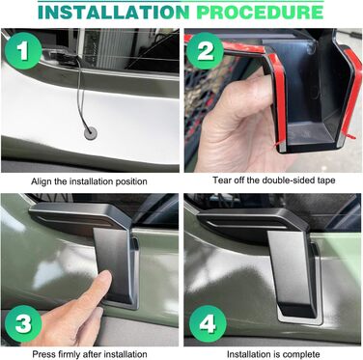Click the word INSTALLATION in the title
pos(114,12)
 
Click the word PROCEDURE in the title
pos(260,12)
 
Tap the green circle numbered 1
pos(23,51)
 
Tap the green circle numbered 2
pos(205,50)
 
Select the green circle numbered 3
pos(23,323)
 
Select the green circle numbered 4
pos(208,323)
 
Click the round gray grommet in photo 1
pos(91,133)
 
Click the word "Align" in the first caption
pos(42,181)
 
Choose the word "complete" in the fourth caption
pos(303,354)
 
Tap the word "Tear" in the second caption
pos(220,180)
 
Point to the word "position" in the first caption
pos(131,182)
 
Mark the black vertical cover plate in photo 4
pos(292,272)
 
